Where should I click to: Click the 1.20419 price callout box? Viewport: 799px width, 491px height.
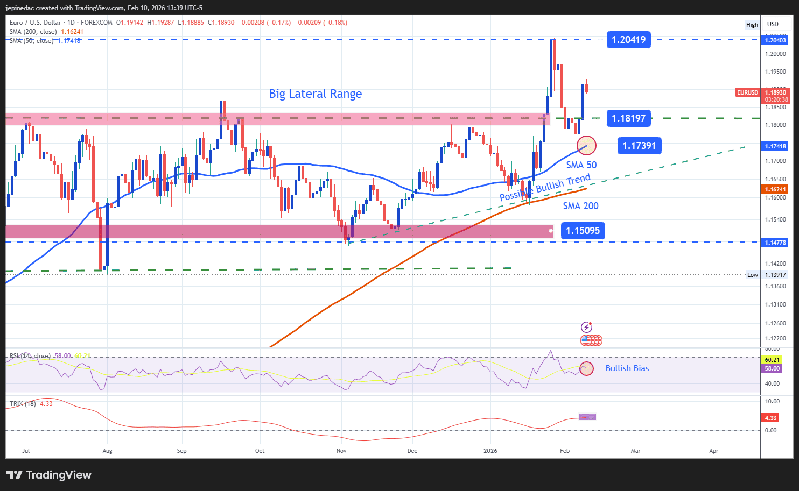click(628, 40)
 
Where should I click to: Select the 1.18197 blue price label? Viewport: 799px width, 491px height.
click(628, 118)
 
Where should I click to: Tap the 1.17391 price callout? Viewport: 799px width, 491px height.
click(639, 146)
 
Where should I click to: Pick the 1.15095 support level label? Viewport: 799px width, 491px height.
click(583, 231)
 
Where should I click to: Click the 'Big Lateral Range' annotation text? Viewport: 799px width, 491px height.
click(316, 94)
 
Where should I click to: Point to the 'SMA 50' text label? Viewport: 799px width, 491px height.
click(581, 165)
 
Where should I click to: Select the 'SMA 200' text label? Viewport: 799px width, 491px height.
click(580, 206)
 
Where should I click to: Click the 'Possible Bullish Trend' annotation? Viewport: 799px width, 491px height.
click(545, 187)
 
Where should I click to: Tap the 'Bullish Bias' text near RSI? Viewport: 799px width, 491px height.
click(627, 368)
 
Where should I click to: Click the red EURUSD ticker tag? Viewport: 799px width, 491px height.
click(747, 92)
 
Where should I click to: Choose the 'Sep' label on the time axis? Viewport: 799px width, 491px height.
click(182, 451)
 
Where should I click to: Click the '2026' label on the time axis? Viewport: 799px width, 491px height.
click(490, 451)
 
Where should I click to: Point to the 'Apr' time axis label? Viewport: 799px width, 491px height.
click(714, 451)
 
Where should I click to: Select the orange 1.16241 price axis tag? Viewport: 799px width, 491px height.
click(775, 189)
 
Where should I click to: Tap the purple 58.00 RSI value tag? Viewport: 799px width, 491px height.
click(772, 368)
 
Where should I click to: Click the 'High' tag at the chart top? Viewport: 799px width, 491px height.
click(752, 25)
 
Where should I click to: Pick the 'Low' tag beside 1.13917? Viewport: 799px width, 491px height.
click(752, 275)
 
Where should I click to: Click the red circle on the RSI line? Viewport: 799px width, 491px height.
click(586, 368)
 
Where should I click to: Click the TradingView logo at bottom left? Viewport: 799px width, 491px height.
click(49, 475)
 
